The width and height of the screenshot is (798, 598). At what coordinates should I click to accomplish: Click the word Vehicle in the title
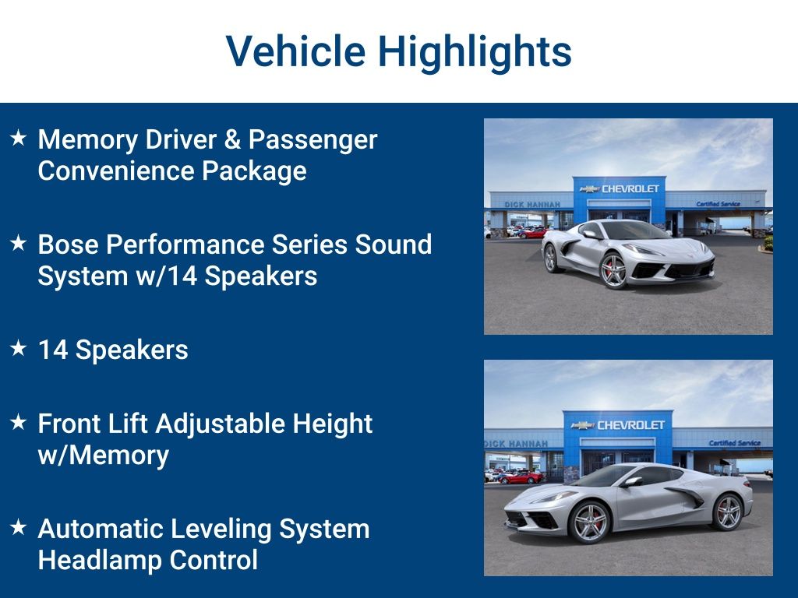click(x=295, y=51)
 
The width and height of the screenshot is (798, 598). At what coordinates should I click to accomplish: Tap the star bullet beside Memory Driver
click(x=19, y=137)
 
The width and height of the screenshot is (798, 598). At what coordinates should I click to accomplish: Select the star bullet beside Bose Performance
click(x=19, y=243)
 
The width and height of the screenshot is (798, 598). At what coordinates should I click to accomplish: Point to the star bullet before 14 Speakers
click(x=19, y=348)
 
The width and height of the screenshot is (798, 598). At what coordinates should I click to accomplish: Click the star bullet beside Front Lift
click(x=19, y=421)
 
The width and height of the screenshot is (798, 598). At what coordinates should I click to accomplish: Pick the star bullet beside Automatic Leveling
click(x=19, y=527)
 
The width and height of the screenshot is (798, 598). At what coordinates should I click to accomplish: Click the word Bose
click(x=69, y=244)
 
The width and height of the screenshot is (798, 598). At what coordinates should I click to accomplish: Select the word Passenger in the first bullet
click(x=313, y=141)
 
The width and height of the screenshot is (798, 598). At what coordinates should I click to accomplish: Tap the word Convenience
click(x=116, y=171)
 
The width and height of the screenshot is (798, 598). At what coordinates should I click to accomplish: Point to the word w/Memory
click(x=104, y=455)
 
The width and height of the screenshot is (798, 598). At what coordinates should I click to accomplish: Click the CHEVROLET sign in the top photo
click(x=620, y=188)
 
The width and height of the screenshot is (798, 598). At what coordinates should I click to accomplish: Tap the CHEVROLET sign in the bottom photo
click(x=618, y=425)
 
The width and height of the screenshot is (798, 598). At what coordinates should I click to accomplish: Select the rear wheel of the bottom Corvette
click(x=727, y=512)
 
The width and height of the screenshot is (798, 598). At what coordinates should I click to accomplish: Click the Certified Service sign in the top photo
click(x=718, y=204)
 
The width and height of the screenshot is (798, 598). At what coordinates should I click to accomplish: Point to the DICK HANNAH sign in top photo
click(x=532, y=205)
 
